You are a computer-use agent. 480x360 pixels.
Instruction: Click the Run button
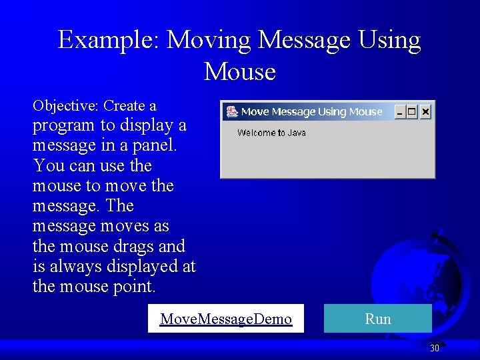(x=377, y=319)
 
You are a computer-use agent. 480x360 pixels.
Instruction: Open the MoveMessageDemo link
(x=226, y=319)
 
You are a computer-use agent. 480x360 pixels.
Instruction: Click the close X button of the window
(x=425, y=112)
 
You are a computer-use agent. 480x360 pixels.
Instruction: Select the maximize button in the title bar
(x=412, y=112)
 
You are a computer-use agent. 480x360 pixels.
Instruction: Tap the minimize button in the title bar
(x=400, y=112)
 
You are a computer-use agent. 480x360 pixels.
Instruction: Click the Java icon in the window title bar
(x=232, y=112)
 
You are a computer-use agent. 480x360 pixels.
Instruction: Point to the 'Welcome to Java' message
(x=271, y=133)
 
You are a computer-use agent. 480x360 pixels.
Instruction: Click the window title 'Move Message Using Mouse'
(x=311, y=112)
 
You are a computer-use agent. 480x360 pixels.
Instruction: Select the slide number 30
(x=435, y=348)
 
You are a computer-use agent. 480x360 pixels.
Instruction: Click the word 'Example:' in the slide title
(x=109, y=40)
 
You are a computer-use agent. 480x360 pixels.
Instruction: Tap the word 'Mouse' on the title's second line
(x=240, y=71)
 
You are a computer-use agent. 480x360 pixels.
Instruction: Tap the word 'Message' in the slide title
(x=303, y=40)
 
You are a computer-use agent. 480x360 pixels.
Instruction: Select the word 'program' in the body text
(x=64, y=126)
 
